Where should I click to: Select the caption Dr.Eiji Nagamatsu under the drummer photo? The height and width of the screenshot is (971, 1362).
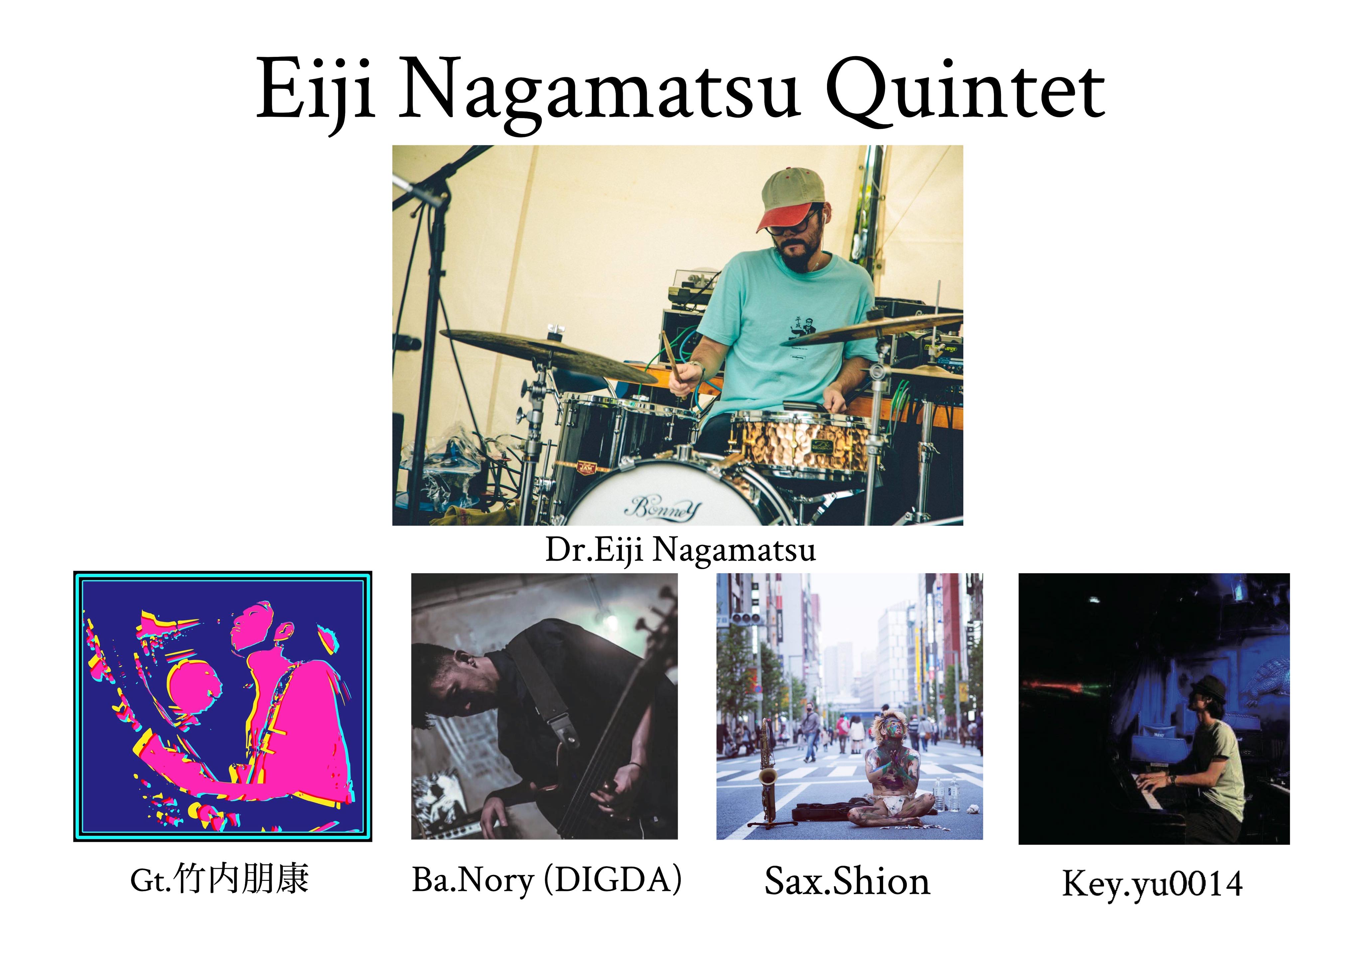tap(680, 550)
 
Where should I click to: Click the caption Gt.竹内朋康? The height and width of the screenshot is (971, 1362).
tap(219, 880)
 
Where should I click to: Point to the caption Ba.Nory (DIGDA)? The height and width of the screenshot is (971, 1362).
tap(546, 881)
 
